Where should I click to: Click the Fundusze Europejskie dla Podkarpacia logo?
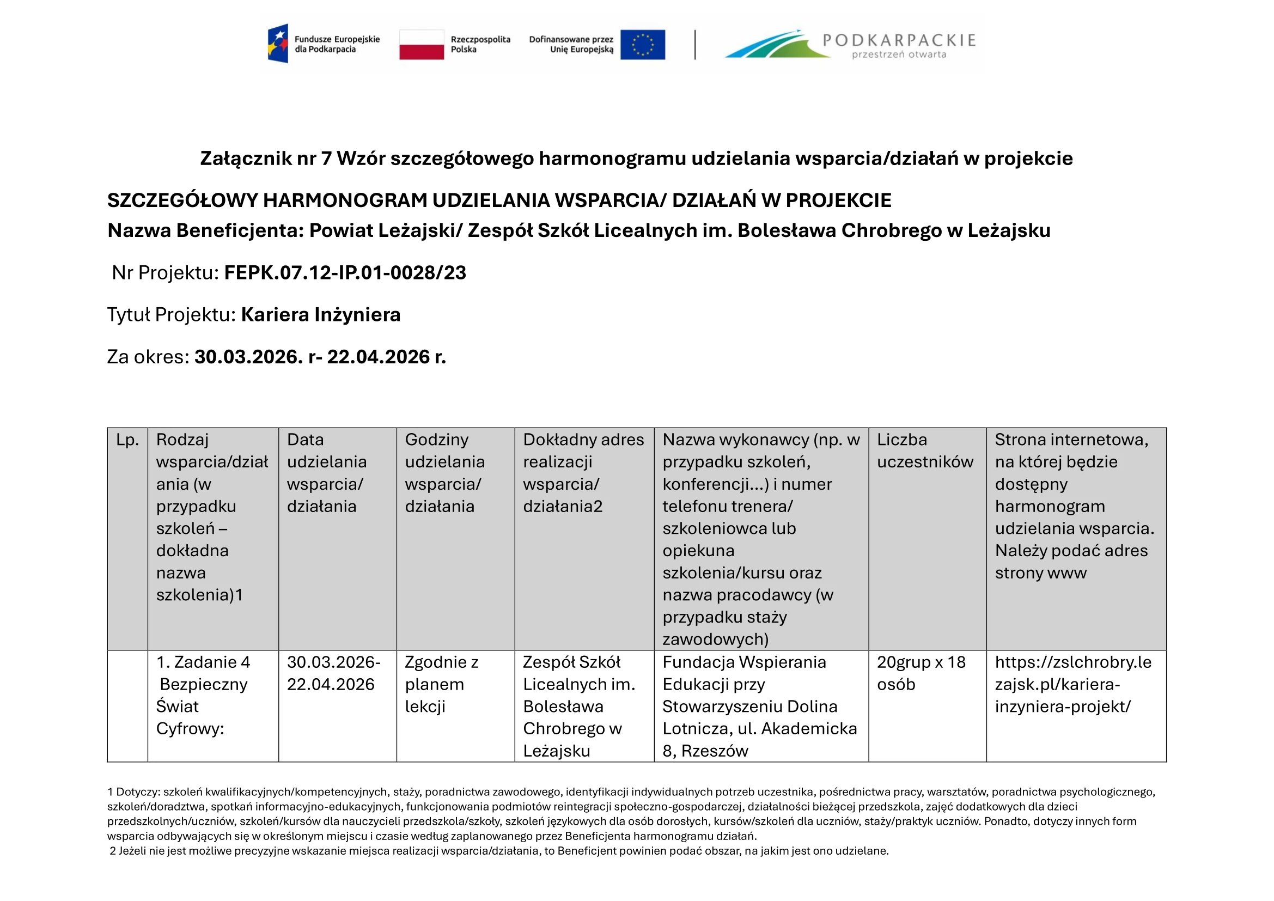[324, 44]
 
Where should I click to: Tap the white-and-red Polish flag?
[421, 44]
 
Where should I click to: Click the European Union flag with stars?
[642, 44]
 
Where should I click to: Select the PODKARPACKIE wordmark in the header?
[898, 40]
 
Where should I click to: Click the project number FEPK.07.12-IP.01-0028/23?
[345, 273]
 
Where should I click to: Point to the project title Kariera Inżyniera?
[320, 314]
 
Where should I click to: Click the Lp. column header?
[127, 440]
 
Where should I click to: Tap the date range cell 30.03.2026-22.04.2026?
[333, 673]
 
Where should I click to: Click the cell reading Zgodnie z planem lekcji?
[441, 684]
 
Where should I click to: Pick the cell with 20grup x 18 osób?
[921, 673]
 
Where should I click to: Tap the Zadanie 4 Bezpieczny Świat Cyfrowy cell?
[203, 695]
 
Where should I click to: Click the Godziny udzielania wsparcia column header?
[444, 473]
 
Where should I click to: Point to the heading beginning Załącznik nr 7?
[636, 159]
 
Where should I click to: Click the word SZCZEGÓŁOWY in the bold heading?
[182, 200]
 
